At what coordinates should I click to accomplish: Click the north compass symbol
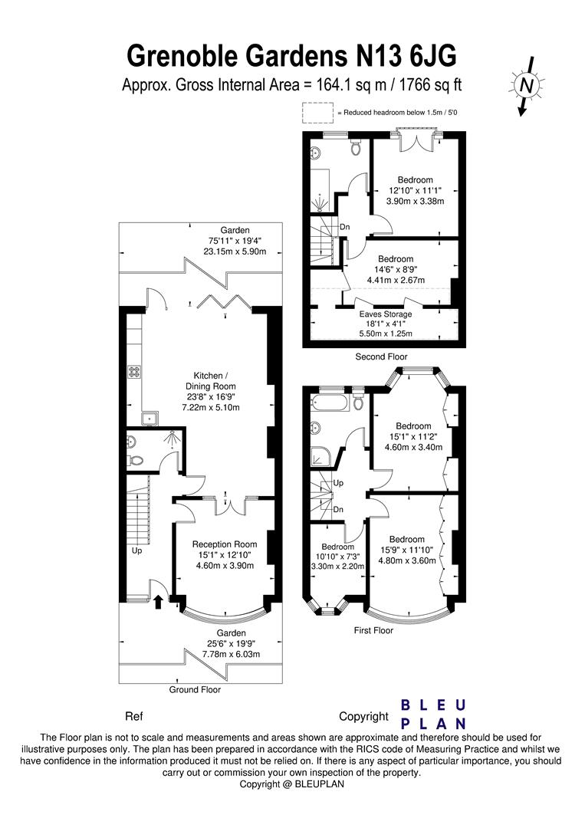point(526,87)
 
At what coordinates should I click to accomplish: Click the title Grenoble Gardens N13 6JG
point(291,55)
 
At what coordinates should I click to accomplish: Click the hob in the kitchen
point(133,372)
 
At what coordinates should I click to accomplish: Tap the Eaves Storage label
point(386,314)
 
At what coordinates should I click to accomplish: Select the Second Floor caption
point(381,357)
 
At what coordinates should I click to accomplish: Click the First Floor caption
point(373,631)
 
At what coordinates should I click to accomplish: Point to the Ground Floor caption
point(195,690)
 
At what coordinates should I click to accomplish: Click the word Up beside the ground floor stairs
point(137,550)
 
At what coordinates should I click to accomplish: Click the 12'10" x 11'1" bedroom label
point(415,190)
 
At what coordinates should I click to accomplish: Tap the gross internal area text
point(291,85)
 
